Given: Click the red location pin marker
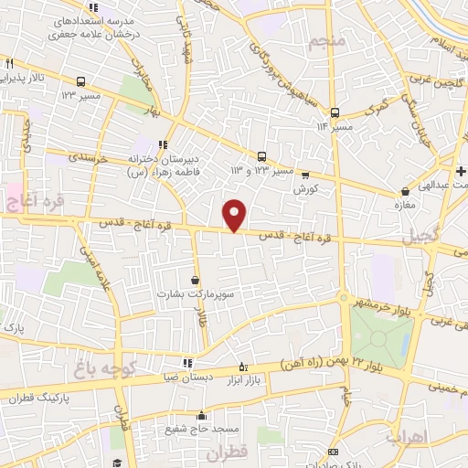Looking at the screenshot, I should pyautogui.click(x=235, y=214).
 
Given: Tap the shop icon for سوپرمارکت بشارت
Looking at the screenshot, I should pyautogui.click(x=196, y=280).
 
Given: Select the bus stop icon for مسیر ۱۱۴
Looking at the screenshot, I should pyautogui.click(x=335, y=112).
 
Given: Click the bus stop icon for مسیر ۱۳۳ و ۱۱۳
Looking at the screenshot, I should pyautogui.click(x=262, y=156).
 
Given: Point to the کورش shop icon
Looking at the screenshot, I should pyautogui.click(x=304, y=175).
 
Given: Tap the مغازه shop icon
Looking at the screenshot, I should pyautogui.click(x=405, y=192).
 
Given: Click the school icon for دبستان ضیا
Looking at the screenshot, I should pyautogui.click(x=188, y=363).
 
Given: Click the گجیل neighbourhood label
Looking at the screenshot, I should pyautogui.click(x=420, y=237).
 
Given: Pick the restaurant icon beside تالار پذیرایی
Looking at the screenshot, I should pyautogui.click(x=9, y=64).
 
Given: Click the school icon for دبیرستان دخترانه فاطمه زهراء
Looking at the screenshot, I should pyautogui.click(x=163, y=144).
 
